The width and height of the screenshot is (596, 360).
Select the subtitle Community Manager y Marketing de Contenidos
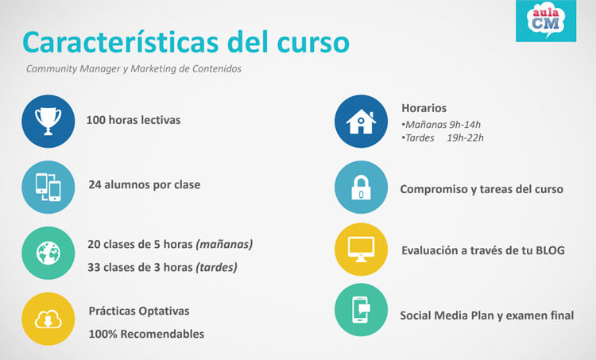(134, 68)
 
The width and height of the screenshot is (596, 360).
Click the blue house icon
(361, 121)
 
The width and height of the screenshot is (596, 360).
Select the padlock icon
(361, 188)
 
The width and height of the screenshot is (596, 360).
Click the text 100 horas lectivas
(134, 121)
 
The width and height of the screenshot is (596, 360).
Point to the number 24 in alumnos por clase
(95, 184)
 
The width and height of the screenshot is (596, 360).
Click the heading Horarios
(424, 107)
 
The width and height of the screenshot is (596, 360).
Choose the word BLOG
(549, 250)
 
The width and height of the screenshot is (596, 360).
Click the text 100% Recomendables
(146, 334)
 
